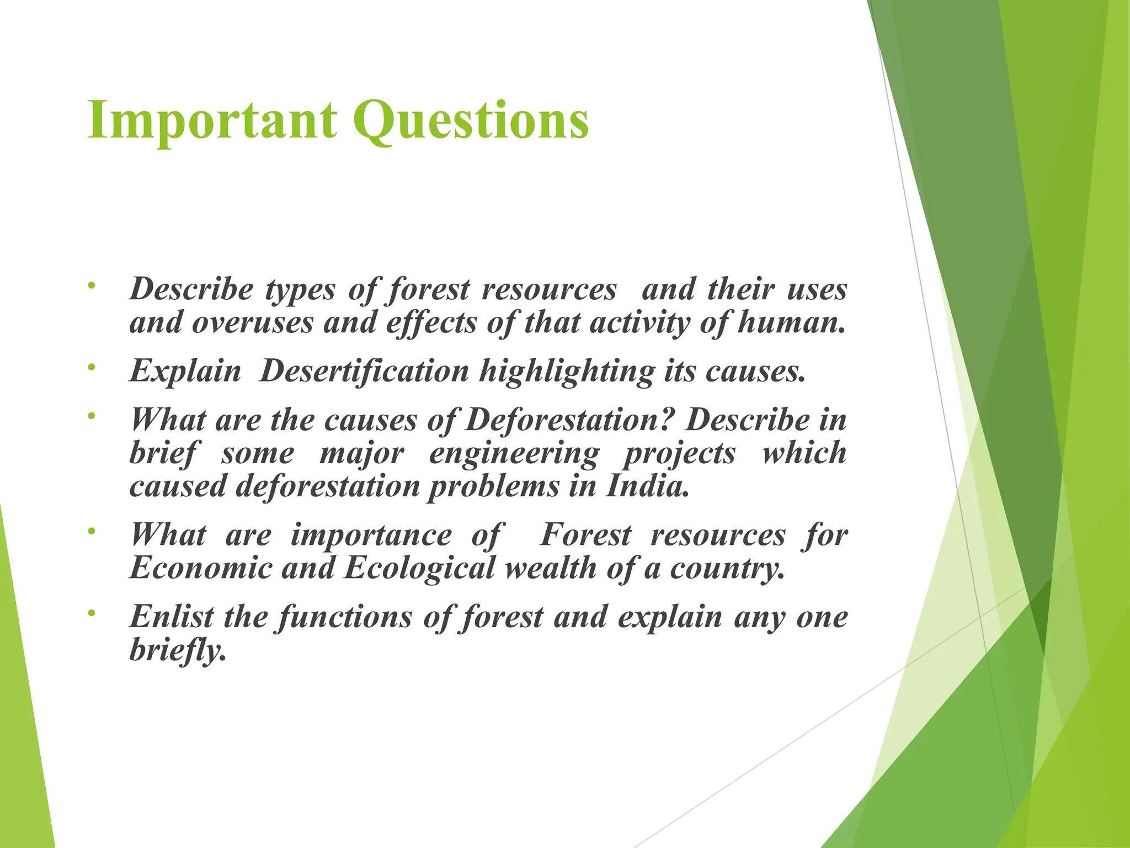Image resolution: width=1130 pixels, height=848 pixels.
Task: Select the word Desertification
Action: pyautogui.click(x=364, y=370)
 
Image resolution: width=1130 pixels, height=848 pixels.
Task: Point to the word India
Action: pyautogui.click(x=648, y=486)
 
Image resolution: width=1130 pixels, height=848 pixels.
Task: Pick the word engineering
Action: pyautogui.click(x=514, y=454)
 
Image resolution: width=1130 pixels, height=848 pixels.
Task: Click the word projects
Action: pyautogui.click(x=680, y=454)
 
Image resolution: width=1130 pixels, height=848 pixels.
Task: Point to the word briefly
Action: pyautogui.click(x=178, y=650)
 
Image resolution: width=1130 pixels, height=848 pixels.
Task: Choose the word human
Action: pyautogui.click(x=791, y=322)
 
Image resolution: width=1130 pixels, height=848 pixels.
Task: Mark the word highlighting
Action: pyautogui.click(x=567, y=372)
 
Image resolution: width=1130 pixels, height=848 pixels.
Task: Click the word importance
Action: pyautogui.click(x=371, y=536)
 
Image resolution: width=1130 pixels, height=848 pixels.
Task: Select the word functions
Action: pyautogui.click(x=345, y=617)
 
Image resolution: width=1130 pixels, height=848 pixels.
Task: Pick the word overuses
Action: pyautogui.click(x=252, y=322)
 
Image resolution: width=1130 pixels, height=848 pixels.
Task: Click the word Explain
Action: pyautogui.click(x=185, y=372)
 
